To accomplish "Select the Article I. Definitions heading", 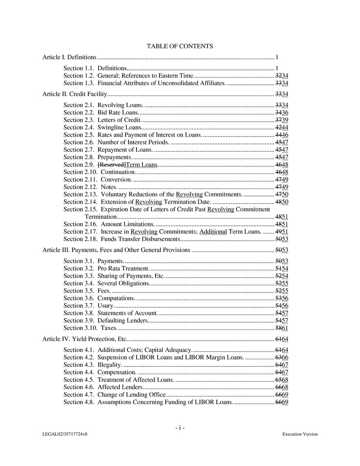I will click(x=69, y=57).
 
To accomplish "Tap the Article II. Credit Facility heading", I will click(x=74, y=94).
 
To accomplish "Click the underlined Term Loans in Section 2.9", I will click(x=142, y=164).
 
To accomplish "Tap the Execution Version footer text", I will click(x=300, y=434).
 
